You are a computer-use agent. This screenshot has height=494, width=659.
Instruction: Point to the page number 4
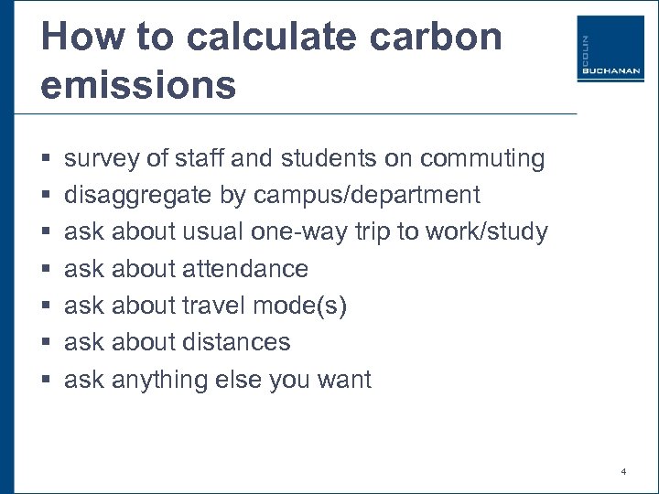623,472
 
